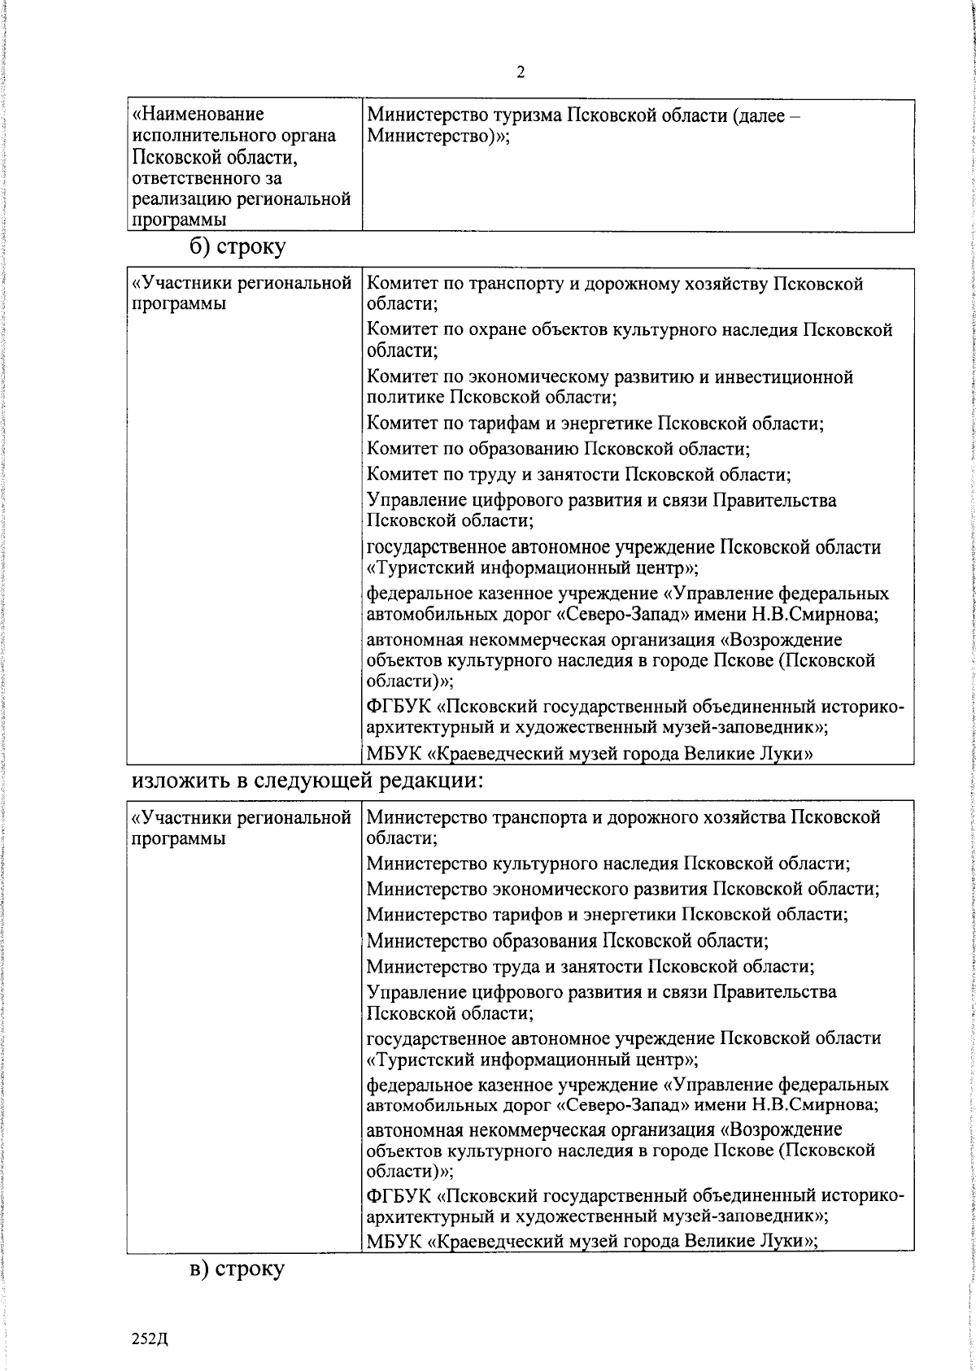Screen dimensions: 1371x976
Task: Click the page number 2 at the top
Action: pyautogui.click(x=521, y=73)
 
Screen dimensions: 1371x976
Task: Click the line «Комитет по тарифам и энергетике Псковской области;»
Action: pyautogui.click(x=595, y=423)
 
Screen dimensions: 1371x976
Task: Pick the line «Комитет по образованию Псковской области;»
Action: pyautogui.click(x=558, y=449)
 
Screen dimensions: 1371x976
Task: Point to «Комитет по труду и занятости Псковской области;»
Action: pyautogui.click(x=579, y=474)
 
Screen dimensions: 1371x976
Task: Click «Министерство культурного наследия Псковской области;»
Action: pyautogui.click(x=608, y=863)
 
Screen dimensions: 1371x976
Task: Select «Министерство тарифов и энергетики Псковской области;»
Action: pyautogui.click(x=608, y=914)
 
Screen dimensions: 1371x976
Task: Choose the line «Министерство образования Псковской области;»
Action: pyautogui.click(x=568, y=941)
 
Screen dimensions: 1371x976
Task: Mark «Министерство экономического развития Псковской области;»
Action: pyautogui.click(x=623, y=889)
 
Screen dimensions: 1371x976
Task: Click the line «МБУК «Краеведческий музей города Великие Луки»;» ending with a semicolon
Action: pyautogui.click(x=592, y=1264)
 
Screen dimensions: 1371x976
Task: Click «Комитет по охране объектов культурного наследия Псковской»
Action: pyautogui.click(x=630, y=330)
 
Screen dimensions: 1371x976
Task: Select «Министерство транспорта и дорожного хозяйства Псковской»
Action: pyautogui.click(x=623, y=817)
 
